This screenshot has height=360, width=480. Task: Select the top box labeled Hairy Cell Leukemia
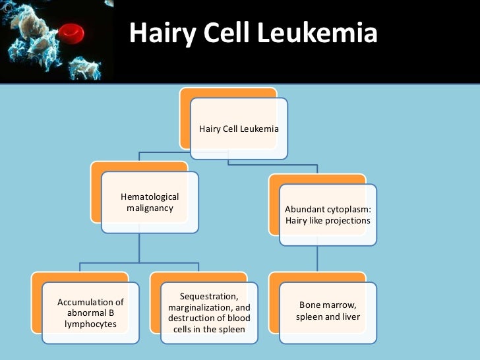(239, 128)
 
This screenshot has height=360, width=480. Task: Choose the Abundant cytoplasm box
(328, 215)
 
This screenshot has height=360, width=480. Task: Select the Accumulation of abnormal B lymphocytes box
(90, 314)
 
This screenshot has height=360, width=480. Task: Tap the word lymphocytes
(90, 325)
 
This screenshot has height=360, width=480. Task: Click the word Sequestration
(209, 297)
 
